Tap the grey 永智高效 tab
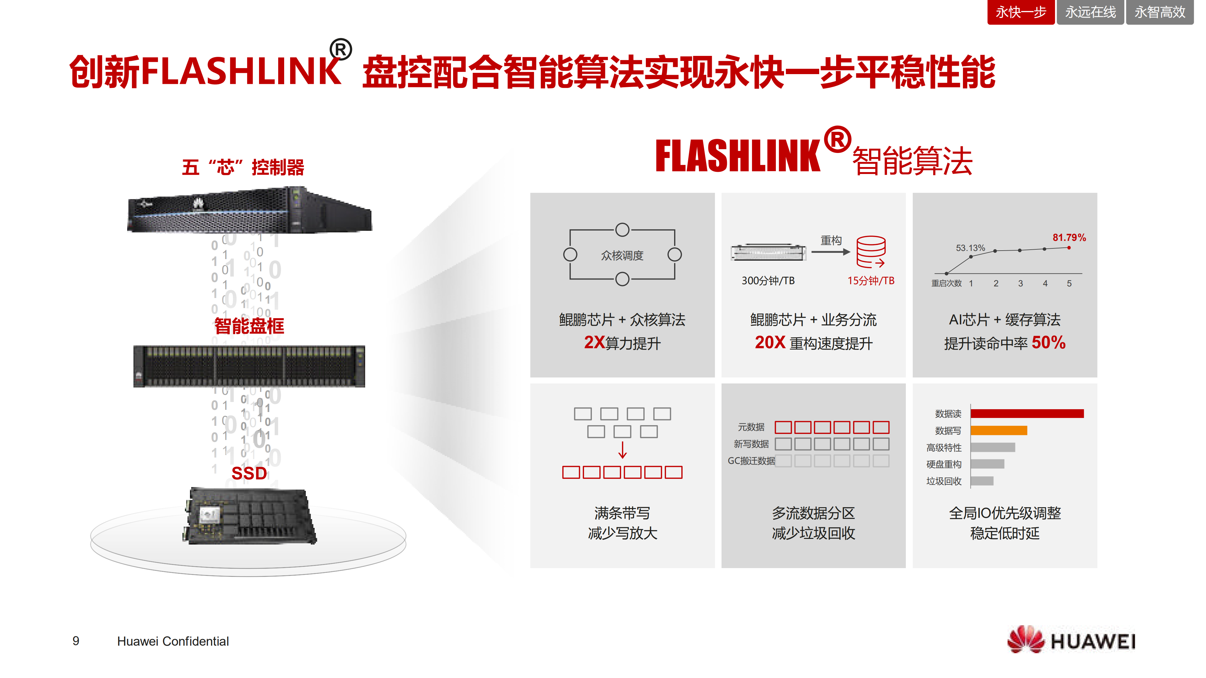pos(1159,12)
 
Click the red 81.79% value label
pos(1069,237)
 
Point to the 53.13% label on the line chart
pos(970,248)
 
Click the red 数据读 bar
pos(1027,413)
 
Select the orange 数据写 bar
pos(998,430)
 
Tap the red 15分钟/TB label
pos(870,280)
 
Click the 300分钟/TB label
pos(768,280)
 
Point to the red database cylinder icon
pos(870,252)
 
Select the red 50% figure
pos(1048,342)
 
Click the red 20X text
pos(770,342)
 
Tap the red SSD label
pos(249,473)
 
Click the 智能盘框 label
pos(249,326)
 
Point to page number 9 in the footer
pos(76,641)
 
